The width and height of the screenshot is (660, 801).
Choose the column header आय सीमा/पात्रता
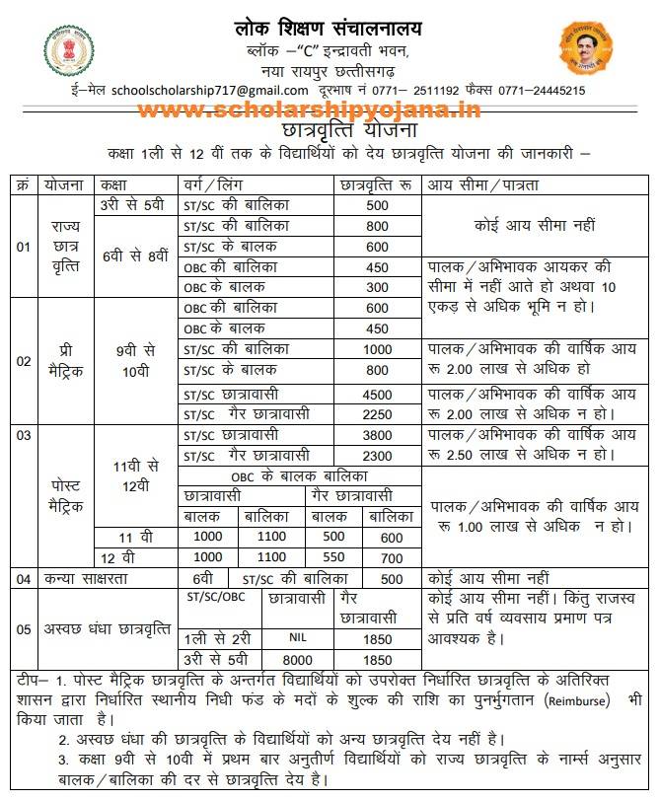[x=483, y=184]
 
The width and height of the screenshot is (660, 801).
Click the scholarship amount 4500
[x=377, y=392]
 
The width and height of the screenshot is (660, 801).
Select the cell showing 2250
[x=377, y=412]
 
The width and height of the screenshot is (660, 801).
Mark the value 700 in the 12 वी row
[x=392, y=557]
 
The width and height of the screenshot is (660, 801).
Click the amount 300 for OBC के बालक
[x=377, y=286]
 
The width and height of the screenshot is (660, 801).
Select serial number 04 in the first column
[x=24, y=578]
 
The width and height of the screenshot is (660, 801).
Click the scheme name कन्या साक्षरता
[x=87, y=578]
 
